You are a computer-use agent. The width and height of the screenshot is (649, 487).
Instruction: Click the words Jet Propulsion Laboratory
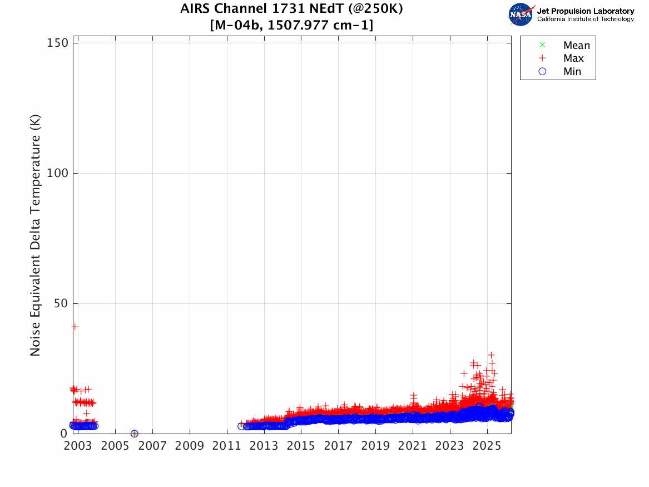point(585,11)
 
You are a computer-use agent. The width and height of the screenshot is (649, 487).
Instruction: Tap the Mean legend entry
point(576,46)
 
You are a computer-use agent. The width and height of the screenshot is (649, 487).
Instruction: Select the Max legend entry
point(573,58)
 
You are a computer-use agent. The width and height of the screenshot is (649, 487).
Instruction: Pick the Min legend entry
point(572,72)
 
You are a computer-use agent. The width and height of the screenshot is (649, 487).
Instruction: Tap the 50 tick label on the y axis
point(61,304)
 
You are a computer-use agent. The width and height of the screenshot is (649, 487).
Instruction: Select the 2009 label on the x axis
point(190,446)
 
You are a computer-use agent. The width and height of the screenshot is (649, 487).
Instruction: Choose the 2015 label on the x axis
point(301,446)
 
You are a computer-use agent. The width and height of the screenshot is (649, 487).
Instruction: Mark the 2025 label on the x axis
point(487,446)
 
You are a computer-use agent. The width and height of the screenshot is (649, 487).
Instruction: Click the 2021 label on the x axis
point(413,446)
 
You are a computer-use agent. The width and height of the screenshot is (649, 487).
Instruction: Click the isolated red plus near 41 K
point(75,327)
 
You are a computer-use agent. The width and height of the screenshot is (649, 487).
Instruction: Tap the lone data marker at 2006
point(134,434)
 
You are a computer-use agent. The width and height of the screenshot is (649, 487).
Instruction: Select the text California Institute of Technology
point(585,19)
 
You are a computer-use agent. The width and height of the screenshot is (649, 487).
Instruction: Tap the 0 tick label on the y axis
point(64,434)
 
